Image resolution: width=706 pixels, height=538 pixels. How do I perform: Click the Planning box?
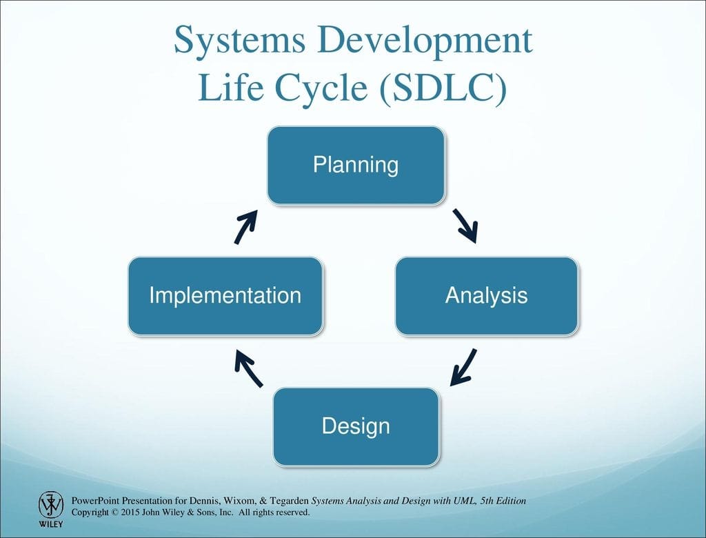click(x=356, y=166)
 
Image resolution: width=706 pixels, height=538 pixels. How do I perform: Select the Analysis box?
click(x=486, y=296)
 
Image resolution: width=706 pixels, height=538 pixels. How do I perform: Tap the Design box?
click(x=356, y=427)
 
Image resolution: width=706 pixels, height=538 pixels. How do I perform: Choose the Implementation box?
click(x=225, y=296)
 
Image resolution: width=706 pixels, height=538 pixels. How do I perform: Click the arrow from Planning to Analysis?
click(x=465, y=226)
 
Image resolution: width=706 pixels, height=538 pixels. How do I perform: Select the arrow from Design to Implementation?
click(x=248, y=369)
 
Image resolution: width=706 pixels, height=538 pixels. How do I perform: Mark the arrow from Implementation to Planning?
click(x=246, y=227)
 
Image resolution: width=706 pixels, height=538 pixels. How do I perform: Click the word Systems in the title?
click(x=239, y=41)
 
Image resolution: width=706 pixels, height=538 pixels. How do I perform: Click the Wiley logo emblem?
click(x=51, y=505)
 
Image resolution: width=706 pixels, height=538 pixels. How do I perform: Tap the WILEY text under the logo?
click(x=51, y=524)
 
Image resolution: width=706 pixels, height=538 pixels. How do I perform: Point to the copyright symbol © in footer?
click(x=115, y=512)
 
